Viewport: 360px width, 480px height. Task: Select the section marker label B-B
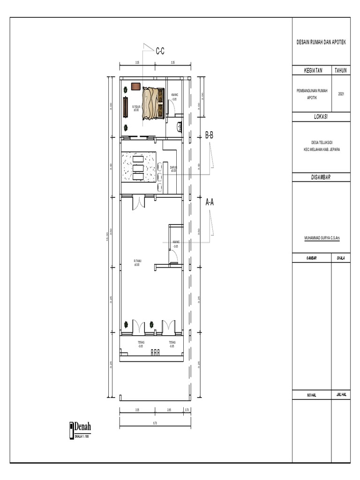[x=209, y=135]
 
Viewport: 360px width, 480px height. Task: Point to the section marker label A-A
[x=210, y=202]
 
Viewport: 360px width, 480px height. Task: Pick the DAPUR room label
[x=173, y=170]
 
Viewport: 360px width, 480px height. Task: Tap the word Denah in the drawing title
[x=82, y=427]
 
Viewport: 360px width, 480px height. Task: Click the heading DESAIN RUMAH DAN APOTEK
[x=321, y=42]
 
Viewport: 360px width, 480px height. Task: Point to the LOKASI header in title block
[x=321, y=117]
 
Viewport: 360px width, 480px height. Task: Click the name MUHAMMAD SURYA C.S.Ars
[x=322, y=238]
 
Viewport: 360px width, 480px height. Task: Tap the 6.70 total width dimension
[x=155, y=423]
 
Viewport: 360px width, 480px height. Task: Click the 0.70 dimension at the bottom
[x=187, y=410]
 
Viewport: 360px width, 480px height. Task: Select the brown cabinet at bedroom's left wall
[x=126, y=107]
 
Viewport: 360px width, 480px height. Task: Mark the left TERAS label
[x=141, y=345]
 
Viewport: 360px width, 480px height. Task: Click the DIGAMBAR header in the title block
[x=321, y=177]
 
